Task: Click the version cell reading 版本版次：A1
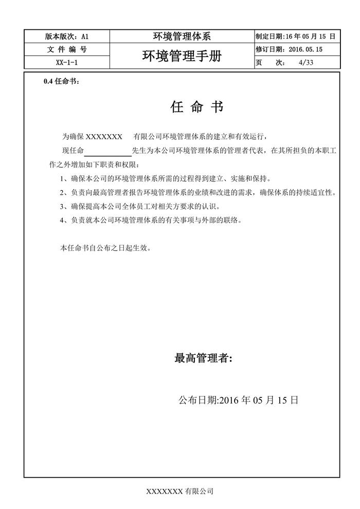[67, 37]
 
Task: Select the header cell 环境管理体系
[182, 37]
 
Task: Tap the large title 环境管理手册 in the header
[182, 56]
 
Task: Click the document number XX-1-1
[67, 63]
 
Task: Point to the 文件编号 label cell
[67, 50]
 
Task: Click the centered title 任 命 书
[196, 107]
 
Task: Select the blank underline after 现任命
[107, 151]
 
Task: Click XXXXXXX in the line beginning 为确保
[103, 137]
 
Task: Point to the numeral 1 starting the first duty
[62, 179]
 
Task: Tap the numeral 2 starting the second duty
[62, 193]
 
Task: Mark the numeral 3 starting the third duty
[62, 207]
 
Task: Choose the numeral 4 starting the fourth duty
[62, 221]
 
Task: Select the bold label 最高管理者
[204, 358]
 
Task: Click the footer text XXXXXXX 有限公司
[180, 492]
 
